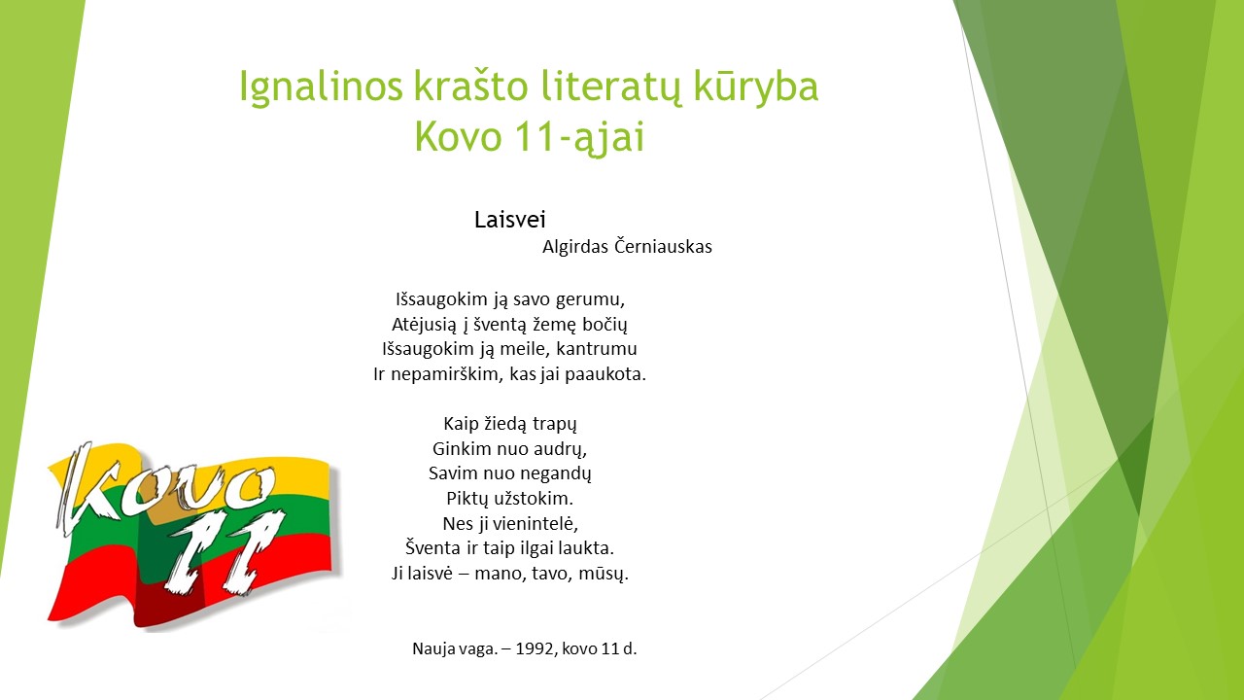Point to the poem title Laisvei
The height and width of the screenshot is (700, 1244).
pyautogui.click(x=510, y=220)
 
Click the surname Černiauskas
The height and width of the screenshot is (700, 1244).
pyautogui.click(x=663, y=246)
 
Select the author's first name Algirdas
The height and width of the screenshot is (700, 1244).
pyautogui.click(x=575, y=247)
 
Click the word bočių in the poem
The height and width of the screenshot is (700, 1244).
pyautogui.click(x=605, y=325)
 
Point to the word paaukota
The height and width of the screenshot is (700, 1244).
pyautogui.click(x=605, y=374)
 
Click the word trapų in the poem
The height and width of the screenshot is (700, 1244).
pyautogui.click(x=554, y=425)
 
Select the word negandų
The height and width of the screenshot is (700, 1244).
pyautogui.click(x=555, y=473)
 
